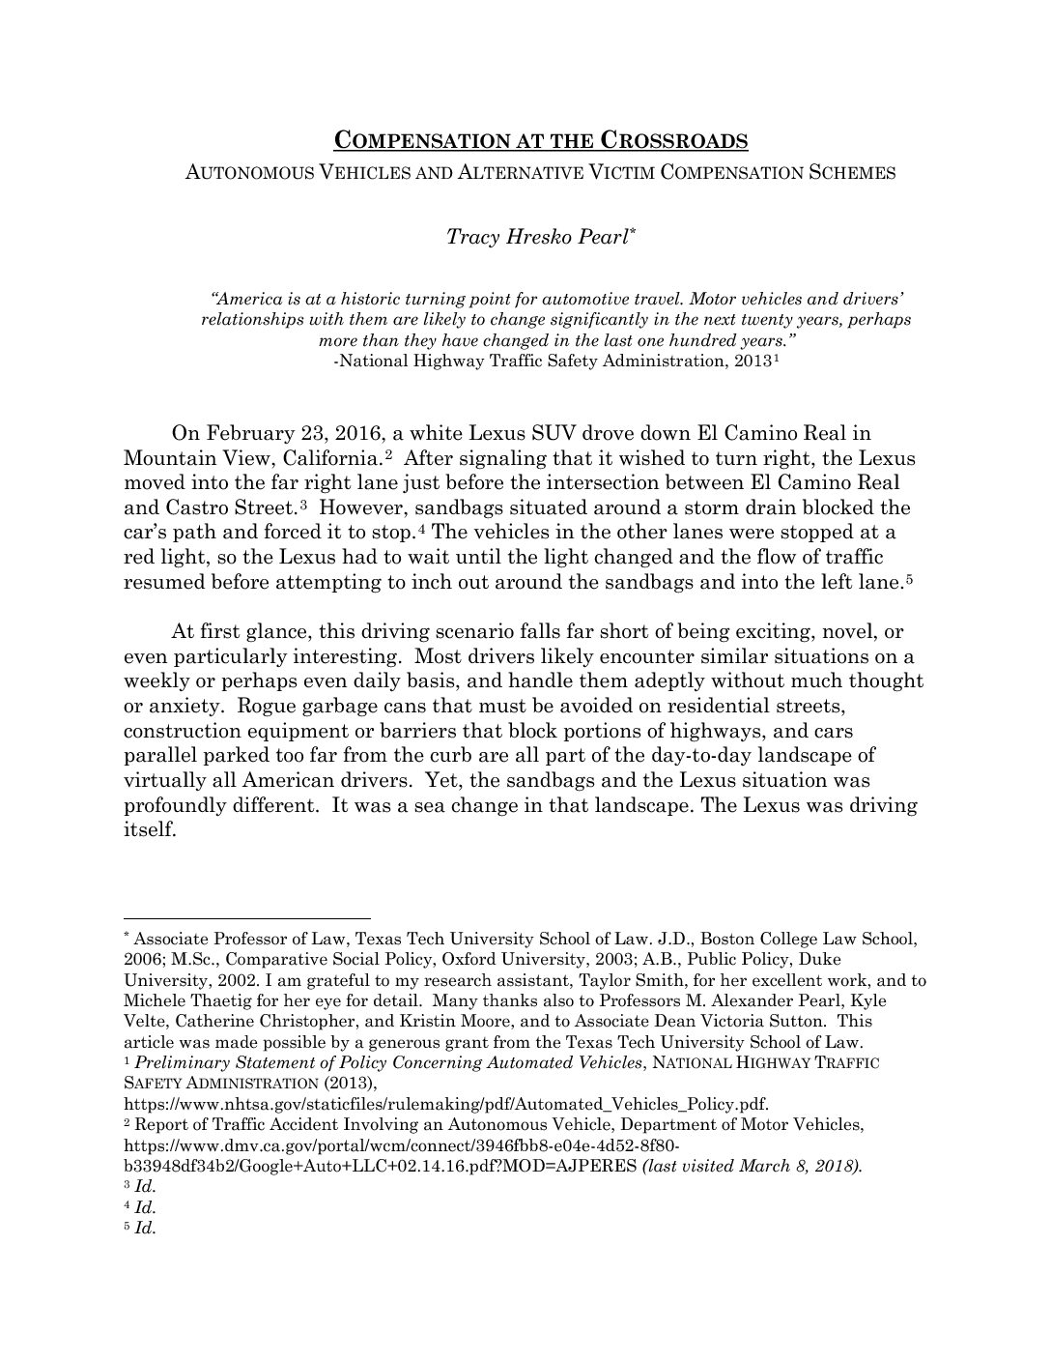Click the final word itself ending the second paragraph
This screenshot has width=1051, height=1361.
(x=149, y=830)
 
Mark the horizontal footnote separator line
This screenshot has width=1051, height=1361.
(x=247, y=918)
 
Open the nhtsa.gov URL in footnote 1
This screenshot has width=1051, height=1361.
(x=446, y=1104)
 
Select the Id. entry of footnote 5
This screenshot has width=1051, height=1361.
(x=145, y=1229)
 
